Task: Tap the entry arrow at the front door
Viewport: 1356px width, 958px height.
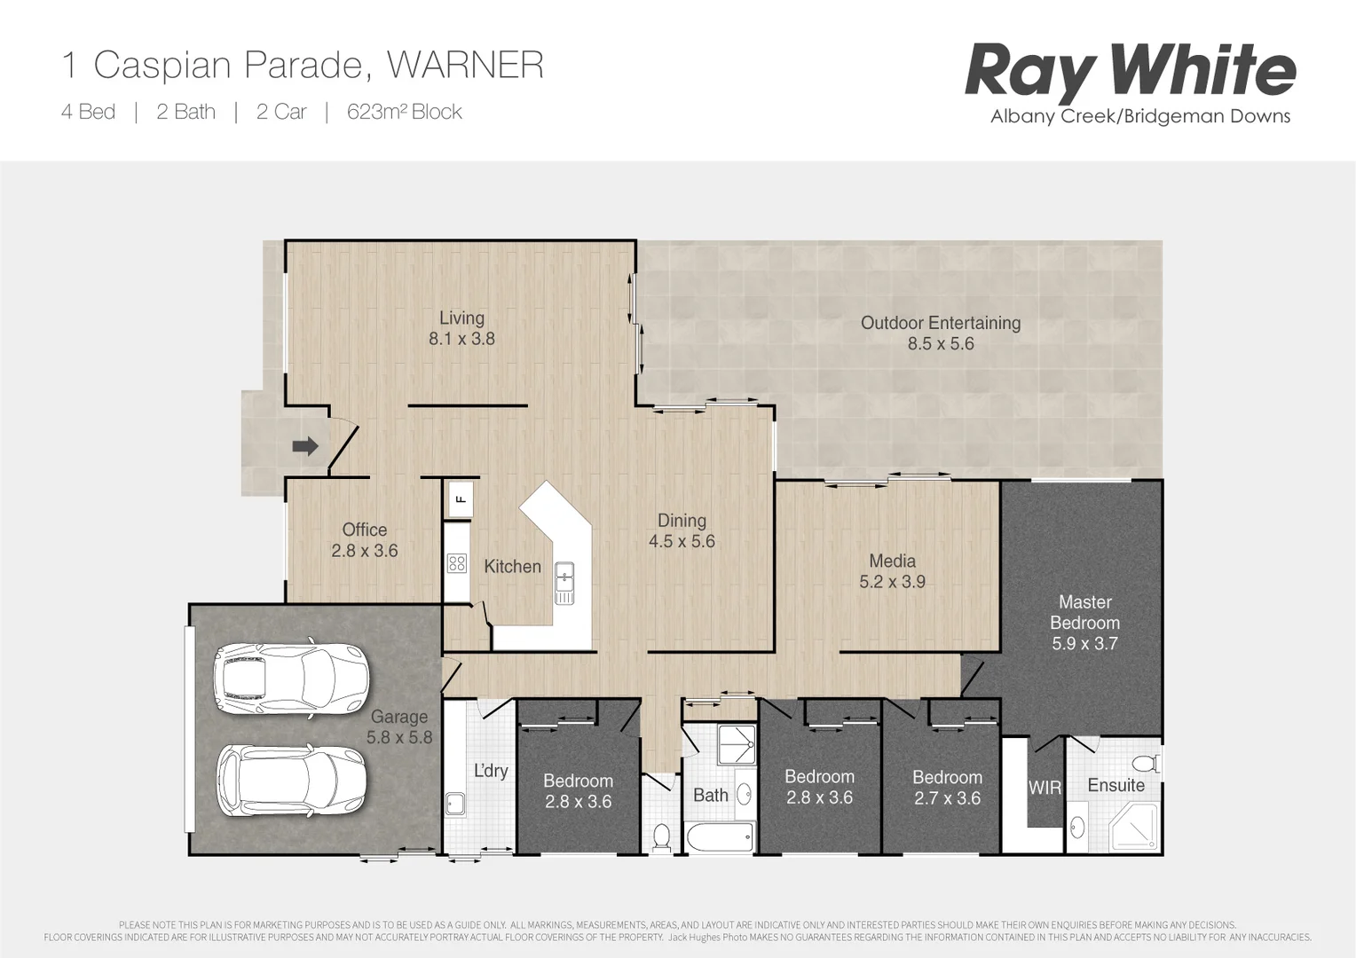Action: pyautogui.click(x=305, y=445)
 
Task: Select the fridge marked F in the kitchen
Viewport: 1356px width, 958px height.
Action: pyautogui.click(x=461, y=499)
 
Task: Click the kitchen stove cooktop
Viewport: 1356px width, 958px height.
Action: pyautogui.click(x=457, y=563)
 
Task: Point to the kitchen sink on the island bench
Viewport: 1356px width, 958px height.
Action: pyautogui.click(x=564, y=583)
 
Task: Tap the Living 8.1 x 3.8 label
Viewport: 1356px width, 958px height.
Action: pyautogui.click(x=461, y=328)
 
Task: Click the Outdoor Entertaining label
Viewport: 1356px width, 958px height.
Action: pyautogui.click(x=941, y=323)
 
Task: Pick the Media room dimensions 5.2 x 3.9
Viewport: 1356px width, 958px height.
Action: pyautogui.click(x=892, y=582)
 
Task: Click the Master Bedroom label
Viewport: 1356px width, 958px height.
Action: pyautogui.click(x=1084, y=612)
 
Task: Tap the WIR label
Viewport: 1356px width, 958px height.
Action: pyautogui.click(x=1045, y=788)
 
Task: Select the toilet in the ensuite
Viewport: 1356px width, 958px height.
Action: pyautogui.click(x=1147, y=763)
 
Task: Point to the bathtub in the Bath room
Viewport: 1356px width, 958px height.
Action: pyautogui.click(x=718, y=836)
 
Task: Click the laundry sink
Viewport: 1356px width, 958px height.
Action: pyautogui.click(x=456, y=804)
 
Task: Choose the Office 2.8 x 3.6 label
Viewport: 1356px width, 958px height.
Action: pyautogui.click(x=365, y=540)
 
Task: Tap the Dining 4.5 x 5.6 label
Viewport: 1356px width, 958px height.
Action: pyautogui.click(x=682, y=530)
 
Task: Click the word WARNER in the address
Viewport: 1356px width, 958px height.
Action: pyautogui.click(x=465, y=66)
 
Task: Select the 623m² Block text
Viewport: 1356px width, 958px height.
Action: pyautogui.click(x=405, y=112)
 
